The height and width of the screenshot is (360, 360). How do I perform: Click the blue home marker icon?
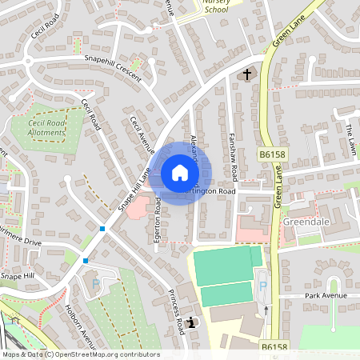pyautogui.click(x=180, y=173)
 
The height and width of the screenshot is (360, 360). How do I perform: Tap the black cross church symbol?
pyautogui.click(x=246, y=75)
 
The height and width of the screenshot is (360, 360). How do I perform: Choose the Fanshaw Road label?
pyautogui.click(x=233, y=157)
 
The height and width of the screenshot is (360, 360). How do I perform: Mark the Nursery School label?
pyautogui.click(x=216, y=7)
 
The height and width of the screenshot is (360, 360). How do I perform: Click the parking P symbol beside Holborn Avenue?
pyautogui.click(x=97, y=283)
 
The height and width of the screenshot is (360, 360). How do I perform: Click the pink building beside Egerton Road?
pyautogui.click(x=138, y=207)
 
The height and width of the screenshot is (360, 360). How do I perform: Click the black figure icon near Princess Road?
pyautogui.click(x=192, y=323)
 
